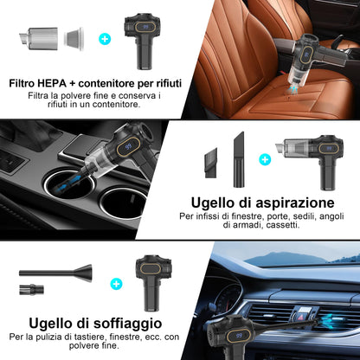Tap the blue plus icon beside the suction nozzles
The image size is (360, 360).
coord(265,159)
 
